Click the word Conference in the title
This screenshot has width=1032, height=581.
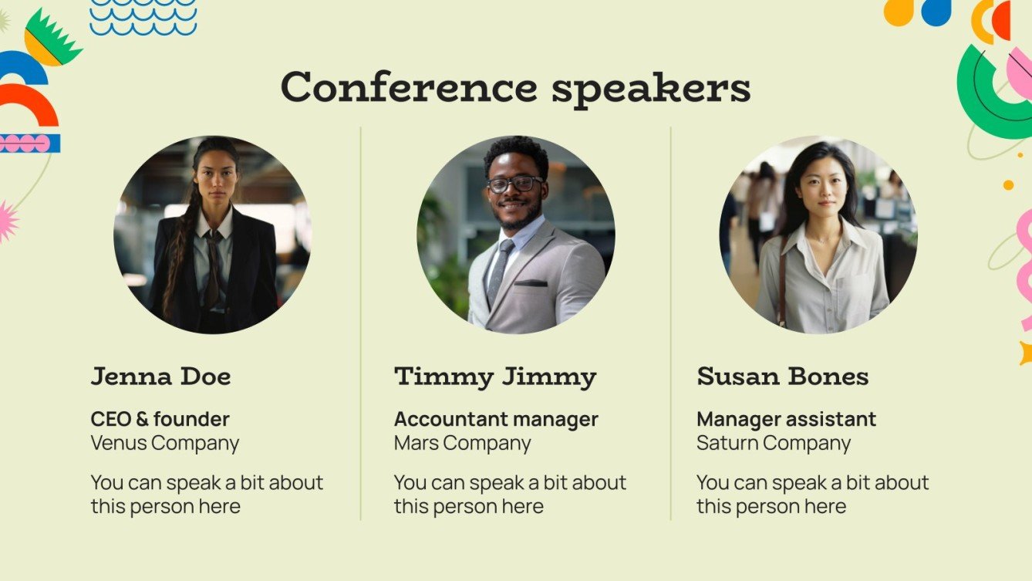[408, 86]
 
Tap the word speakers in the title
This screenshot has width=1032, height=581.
[650, 88]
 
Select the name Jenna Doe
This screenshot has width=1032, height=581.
[160, 377]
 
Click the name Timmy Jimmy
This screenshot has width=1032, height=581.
[495, 377]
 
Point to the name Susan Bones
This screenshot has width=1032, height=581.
[782, 377]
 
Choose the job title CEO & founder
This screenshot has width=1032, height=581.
[160, 419]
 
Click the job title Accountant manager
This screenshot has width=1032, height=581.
[496, 419]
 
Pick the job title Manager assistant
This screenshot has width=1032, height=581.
[786, 419]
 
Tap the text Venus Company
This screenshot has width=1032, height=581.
[164, 443]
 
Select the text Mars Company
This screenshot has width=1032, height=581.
[462, 443]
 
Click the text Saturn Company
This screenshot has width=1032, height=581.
[773, 443]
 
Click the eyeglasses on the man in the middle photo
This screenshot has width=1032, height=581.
[514, 184]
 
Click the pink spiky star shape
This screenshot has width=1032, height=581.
[6, 221]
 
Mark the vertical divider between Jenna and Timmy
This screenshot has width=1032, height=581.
[361, 324]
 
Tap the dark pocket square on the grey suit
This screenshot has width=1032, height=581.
[531, 283]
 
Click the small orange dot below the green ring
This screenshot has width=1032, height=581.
[1008, 185]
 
